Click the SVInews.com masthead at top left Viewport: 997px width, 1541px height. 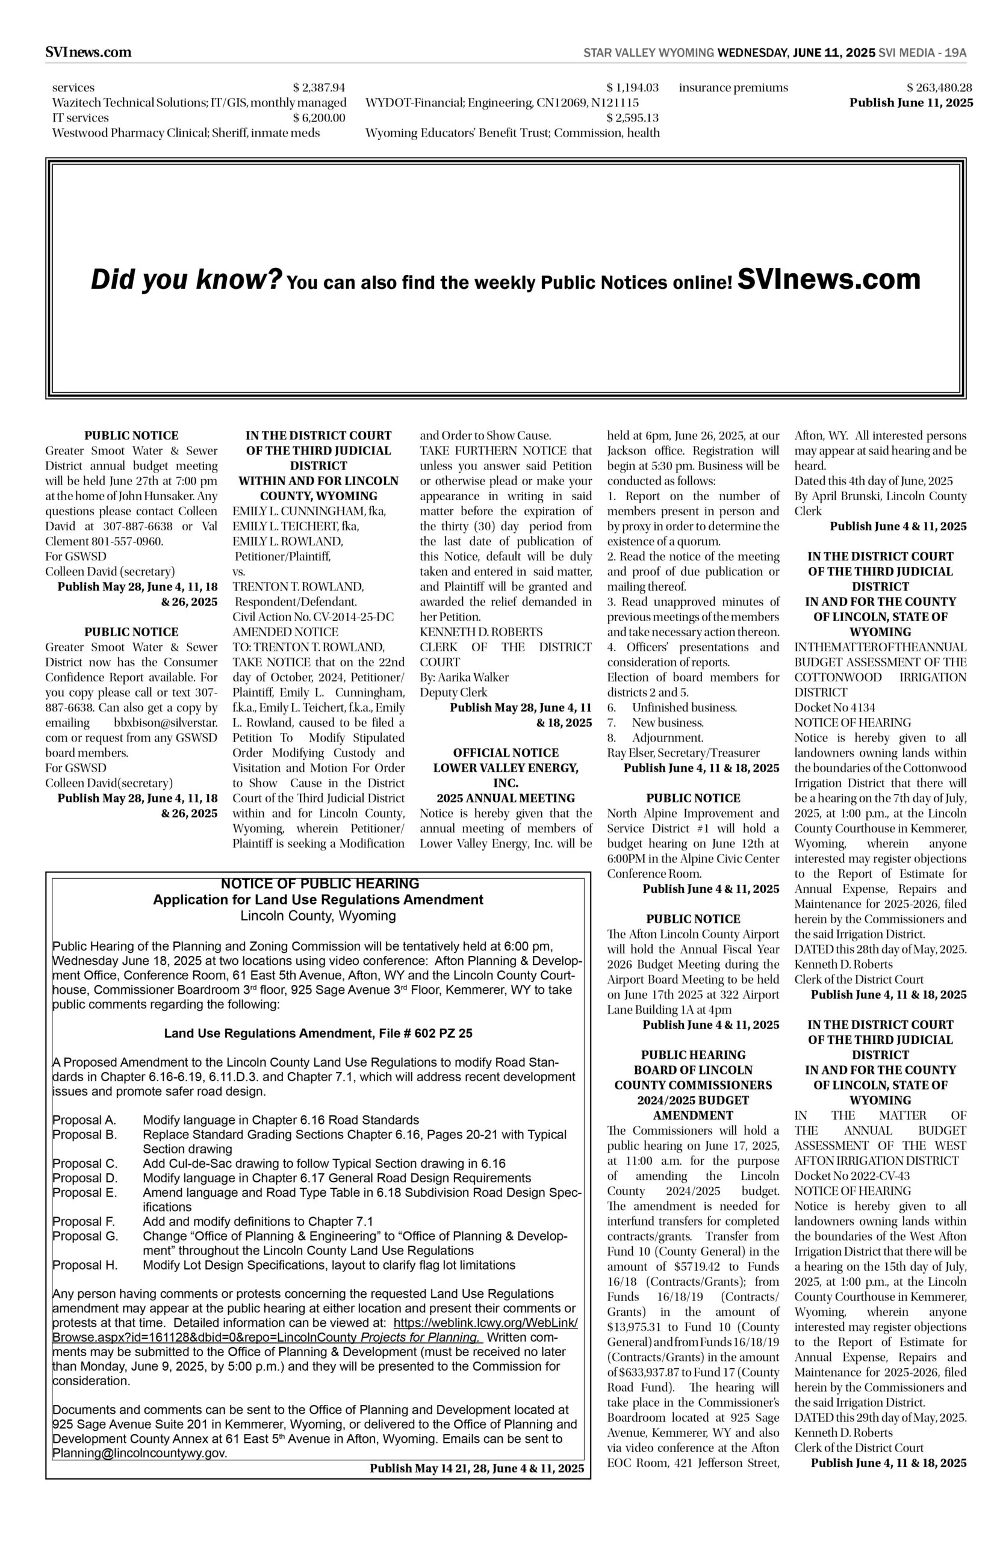click(88, 52)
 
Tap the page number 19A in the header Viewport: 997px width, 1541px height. click(955, 53)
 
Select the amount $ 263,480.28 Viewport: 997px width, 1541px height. click(939, 88)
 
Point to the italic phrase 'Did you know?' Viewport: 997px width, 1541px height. click(187, 279)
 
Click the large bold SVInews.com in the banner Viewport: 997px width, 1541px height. click(828, 279)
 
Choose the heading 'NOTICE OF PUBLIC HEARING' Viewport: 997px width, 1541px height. click(320, 884)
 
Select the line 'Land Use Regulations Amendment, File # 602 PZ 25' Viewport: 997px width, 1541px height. click(318, 1034)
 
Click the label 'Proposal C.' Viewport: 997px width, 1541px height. click(85, 1164)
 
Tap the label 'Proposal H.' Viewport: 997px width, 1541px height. click(85, 1265)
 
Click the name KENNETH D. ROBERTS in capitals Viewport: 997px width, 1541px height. click(481, 631)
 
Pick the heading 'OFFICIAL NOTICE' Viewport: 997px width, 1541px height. click(506, 752)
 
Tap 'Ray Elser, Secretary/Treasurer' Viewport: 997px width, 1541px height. click(683, 752)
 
